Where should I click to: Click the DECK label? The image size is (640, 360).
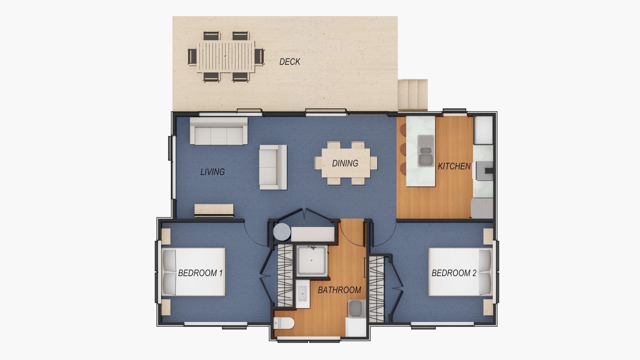(290, 62)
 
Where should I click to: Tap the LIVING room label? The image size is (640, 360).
(212, 172)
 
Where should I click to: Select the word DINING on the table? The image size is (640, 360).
(345, 163)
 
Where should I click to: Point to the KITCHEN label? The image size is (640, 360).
(454, 166)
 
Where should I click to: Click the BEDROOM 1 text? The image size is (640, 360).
(200, 273)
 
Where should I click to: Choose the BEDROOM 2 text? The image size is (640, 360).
(454, 273)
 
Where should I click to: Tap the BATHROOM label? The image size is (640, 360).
(340, 290)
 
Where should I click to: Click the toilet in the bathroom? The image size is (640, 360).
(284, 324)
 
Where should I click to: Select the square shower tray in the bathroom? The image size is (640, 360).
(311, 260)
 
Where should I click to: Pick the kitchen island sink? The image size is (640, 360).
(426, 151)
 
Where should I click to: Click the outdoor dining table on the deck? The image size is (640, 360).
(226, 56)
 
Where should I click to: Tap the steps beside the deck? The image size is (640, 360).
(412, 95)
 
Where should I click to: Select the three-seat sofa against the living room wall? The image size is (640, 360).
(219, 131)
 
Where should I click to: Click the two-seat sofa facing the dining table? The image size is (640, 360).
(273, 167)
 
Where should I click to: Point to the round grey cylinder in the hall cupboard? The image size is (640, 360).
(282, 232)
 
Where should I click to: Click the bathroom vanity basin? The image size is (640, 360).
(302, 294)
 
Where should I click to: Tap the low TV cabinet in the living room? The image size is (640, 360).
(214, 210)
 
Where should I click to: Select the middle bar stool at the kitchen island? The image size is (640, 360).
(403, 149)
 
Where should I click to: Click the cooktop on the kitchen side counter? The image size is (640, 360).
(484, 171)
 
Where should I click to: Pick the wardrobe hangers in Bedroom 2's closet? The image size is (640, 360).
(377, 289)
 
